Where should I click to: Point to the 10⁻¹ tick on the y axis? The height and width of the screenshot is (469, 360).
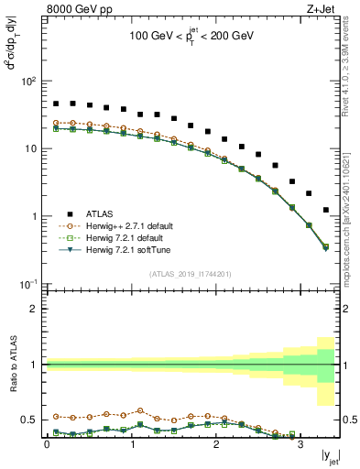coord(27,284)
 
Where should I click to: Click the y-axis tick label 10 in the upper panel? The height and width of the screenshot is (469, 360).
coord(29,148)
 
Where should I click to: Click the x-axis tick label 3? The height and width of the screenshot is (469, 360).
coord(300,444)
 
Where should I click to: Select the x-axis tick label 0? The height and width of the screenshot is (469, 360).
coord(47,444)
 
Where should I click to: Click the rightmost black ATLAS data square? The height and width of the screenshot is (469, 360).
coord(325,210)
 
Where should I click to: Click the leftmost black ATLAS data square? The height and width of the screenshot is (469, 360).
coord(56,104)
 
